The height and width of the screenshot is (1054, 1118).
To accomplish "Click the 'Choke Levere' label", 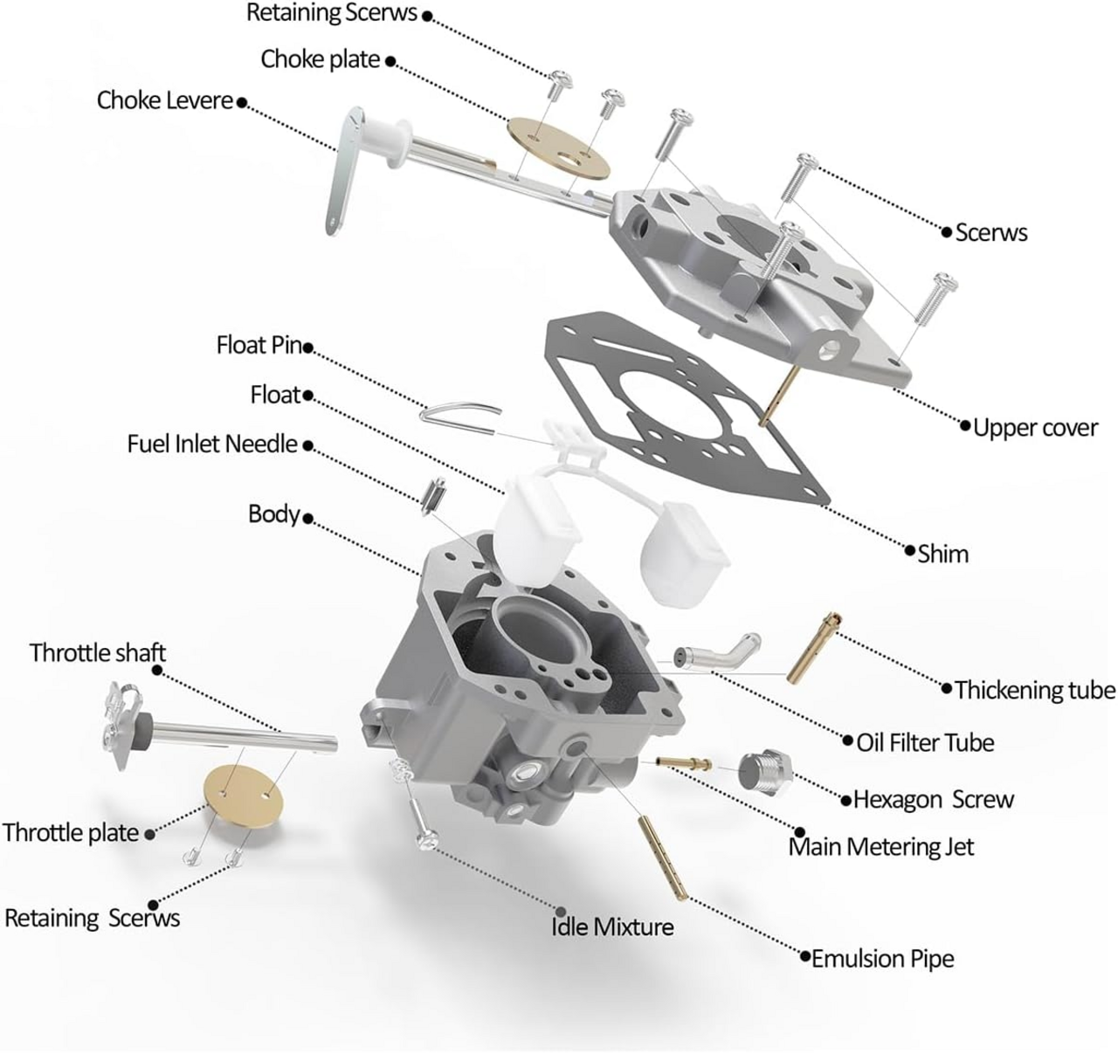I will pos(164,100).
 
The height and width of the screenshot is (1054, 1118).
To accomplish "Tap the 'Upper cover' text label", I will pos(1035,428).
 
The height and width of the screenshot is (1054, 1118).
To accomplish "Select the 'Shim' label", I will pos(942,554).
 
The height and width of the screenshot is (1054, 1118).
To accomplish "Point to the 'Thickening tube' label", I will pos(1035,691).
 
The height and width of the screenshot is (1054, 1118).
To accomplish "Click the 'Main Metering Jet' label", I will pos(880,847).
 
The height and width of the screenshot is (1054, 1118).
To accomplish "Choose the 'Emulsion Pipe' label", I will pos(882,959).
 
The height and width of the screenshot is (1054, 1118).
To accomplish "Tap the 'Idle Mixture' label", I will pos(612,927).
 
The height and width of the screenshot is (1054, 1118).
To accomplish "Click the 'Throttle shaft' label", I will pos(97,653).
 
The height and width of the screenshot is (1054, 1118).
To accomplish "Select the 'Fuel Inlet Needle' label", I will pos(212,444).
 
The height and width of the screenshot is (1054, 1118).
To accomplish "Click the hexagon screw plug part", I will pos(765,772).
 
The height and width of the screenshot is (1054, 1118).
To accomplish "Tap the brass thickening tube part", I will pos(813,646).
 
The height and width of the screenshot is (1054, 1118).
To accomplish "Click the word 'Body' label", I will pos(273,513).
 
